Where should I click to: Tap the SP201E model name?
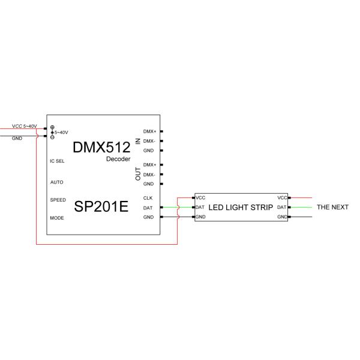coord(101,207)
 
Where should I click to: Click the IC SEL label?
coord(57,161)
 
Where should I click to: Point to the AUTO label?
coord(56,182)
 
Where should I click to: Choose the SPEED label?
coord(58,199)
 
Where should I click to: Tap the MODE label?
coord(56,218)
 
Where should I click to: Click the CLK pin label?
coord(148,197)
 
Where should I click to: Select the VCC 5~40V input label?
coord(24,127)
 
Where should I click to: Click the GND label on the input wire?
coord(17,138)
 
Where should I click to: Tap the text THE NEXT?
coord(332,207)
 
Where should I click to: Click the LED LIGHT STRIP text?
coord(241,207)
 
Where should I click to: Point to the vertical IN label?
coord(137,140)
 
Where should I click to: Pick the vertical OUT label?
coord(137,174)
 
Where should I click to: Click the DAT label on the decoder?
coord(148,208)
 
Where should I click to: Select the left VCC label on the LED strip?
coord(200,197)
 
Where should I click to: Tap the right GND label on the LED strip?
coord(281,217)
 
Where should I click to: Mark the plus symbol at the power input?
coord(52,127)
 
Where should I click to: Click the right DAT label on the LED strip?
coord(281,207)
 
